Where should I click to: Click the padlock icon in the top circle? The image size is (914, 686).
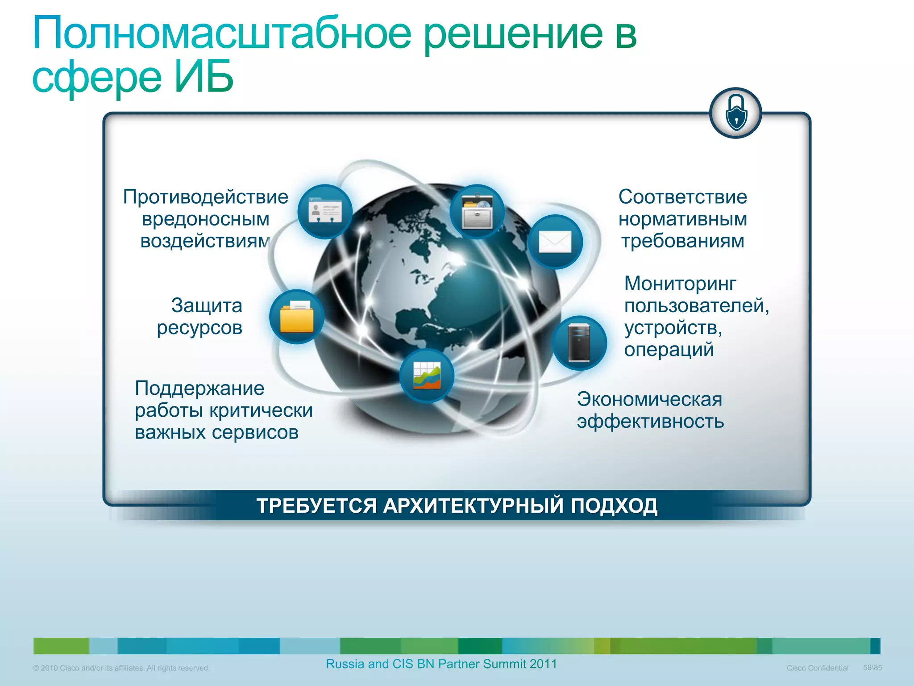click(x=735, y=113)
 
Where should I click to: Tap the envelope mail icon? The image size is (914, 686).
click(x=555, y=242)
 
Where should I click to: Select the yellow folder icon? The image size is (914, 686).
click(x=297, y=317)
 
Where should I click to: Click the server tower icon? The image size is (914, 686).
click(x=579, y=343)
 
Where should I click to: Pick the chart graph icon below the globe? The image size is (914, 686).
click(x=427, y=376)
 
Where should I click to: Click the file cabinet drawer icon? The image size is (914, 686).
click(x=477, y=212)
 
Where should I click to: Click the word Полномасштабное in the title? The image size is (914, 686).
click(x=222, y=34)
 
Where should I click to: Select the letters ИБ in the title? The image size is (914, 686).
click(x=204, y=77)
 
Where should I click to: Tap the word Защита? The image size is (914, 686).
click(x=207, y=306)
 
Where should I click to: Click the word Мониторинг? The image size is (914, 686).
click(x=680, y=284)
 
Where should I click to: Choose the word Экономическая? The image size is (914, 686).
click(x=649, y=399)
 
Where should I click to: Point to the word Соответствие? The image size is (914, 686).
click(x=682, y=197)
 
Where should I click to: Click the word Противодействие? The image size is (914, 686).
click(x=206, y=197)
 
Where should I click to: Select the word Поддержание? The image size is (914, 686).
click(x=199, y=389)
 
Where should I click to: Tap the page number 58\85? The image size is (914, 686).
click(x=872, y=668)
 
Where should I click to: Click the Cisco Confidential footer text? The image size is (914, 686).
click(x=817, y=668)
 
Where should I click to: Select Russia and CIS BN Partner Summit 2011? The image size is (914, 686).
click(x=441, y=664)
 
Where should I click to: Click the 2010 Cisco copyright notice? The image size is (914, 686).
click(x=121, y=668)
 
